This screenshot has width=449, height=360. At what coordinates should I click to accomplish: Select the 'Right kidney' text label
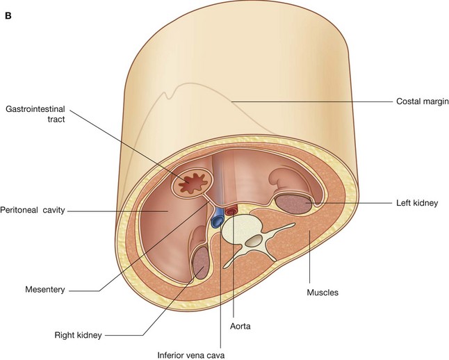click(x=79, y=335)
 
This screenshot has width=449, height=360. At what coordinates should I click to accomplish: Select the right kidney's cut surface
click(x=199, y=264)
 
